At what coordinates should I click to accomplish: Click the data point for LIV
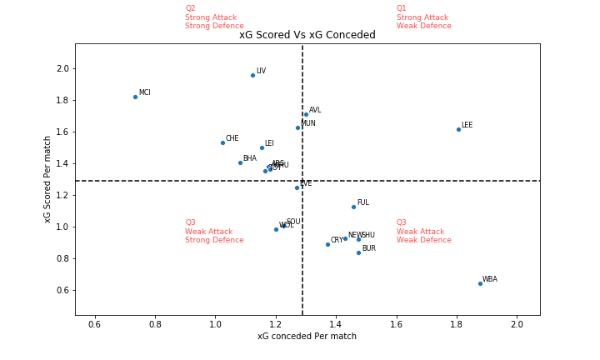tap(252, 75)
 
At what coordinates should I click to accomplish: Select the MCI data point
tap(135, 97)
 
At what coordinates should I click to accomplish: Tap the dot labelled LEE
tap(458, 129)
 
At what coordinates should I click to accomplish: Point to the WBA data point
tap(480, 283)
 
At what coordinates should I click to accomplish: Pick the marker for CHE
tap(222, 142)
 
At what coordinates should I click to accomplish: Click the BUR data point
tap(358, 252)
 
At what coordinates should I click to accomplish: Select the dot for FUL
tap(353, 207)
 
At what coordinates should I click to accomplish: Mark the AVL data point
tap(306, 114)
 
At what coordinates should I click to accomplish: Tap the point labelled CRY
tap(327, 244)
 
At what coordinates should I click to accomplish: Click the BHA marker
tap(240, 162)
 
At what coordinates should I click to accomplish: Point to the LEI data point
tap(262, 147)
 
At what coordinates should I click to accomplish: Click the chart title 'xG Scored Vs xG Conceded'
tap(307, 35)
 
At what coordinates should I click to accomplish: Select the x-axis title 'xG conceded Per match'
tap(307, 337)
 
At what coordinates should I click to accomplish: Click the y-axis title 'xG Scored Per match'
tap(47, 179)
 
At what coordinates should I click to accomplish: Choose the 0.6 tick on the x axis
tap(94, 323)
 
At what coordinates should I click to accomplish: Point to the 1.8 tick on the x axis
tap(457, 323)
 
